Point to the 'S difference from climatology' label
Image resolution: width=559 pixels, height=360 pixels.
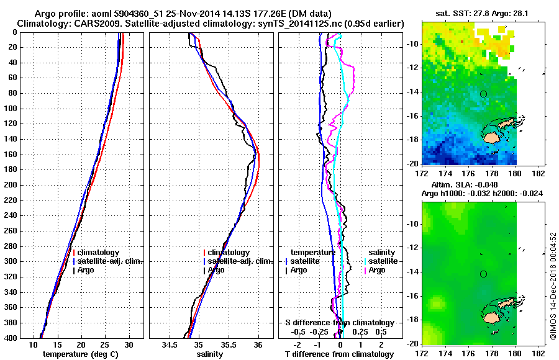click(340, 323)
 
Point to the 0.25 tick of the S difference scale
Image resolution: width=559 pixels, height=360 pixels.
click(360, 332)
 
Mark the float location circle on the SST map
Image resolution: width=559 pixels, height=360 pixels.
click(483, 94)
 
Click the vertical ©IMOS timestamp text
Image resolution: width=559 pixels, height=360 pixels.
click(553, 286)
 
